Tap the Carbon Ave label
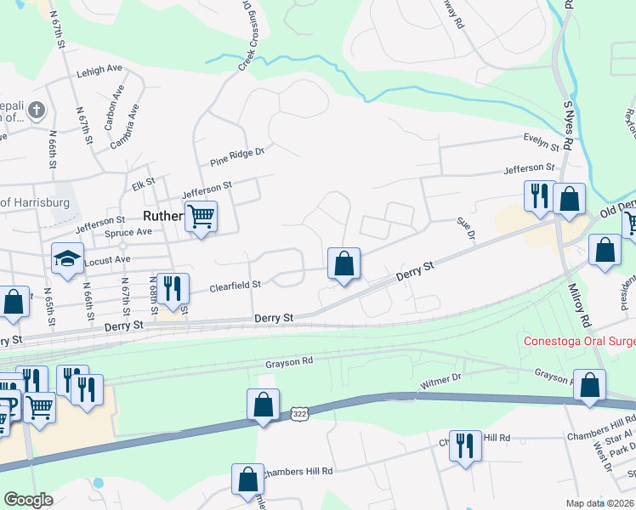pyautogui.click(x=109, y=117)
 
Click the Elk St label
pyautogui.click(x=143, y=181)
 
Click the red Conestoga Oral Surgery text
pyautogui.click(x=578, y=342)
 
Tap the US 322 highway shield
pyautogui.click(x=298, y=414)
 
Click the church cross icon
pyautogui.click(x=36, y=110)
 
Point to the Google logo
pyautogui.click(x=28, y=500)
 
